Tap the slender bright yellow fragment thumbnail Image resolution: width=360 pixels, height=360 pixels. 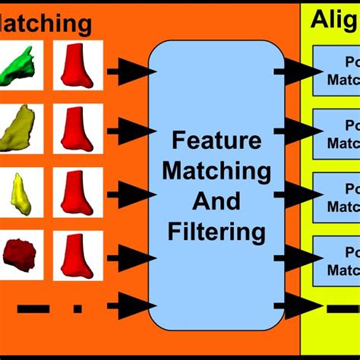21,193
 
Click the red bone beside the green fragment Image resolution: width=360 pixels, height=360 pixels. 77,66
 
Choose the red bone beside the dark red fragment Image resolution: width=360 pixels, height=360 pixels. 77,256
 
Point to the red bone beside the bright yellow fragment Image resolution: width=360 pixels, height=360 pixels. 77,193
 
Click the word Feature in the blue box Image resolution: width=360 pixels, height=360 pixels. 216,141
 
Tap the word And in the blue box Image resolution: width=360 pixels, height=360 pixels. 216,201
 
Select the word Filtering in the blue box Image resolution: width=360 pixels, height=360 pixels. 216,230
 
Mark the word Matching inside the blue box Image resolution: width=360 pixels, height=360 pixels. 216,171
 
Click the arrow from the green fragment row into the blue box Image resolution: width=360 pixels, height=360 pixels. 131,72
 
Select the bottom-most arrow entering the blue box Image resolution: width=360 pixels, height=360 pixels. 131,308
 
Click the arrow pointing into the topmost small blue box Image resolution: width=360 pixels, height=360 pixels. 298,72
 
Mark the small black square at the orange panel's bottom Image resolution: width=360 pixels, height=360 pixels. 77,308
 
